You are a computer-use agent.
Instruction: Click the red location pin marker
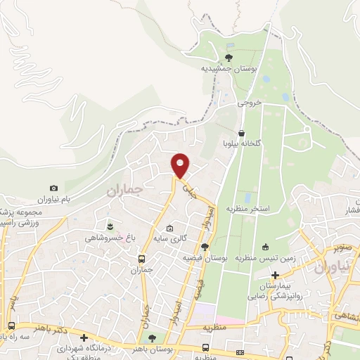pos(181,165)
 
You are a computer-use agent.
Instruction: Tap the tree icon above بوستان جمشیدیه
pos(229,58)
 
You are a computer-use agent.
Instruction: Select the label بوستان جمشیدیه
pos(227,69)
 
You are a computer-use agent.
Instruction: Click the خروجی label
pos(249,103)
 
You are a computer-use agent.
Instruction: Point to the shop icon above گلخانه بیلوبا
pos(242,132)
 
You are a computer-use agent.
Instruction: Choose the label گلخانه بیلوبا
pos(243,143)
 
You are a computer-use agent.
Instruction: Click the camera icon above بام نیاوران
pos(54,188)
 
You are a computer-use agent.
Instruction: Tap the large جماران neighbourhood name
pos(124,190)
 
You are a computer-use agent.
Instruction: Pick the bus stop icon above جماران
pos(141,258)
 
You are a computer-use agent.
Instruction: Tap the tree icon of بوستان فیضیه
pos(205,247)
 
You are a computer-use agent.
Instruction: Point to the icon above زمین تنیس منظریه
pos(266,247)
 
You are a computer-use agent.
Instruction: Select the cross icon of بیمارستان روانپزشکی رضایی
pos(276,274)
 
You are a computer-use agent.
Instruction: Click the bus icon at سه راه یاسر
pos(12,326)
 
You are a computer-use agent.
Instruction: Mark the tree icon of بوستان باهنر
pos(162,339)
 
